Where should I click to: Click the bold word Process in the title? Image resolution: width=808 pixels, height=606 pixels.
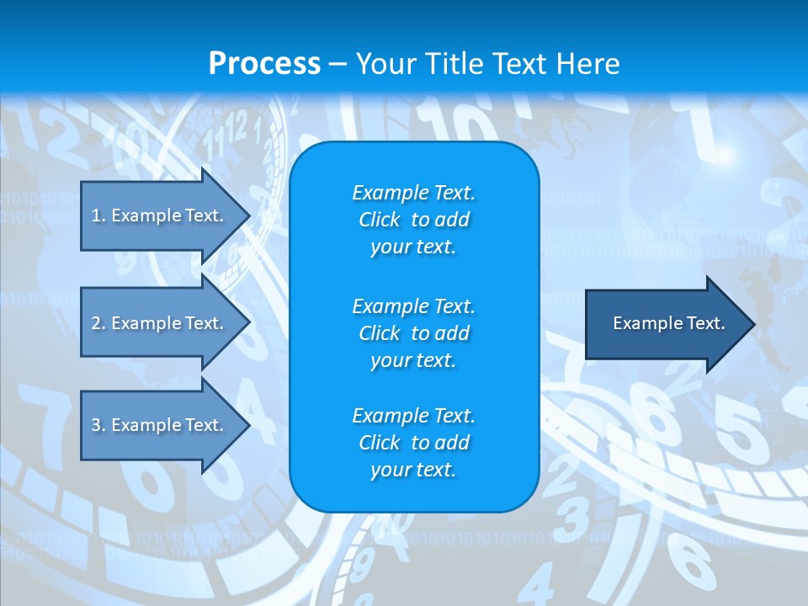tap(264, 64)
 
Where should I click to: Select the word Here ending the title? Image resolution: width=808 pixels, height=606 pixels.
tap(587, 64)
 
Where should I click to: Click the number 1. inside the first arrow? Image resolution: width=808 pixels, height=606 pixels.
tap(98, 215)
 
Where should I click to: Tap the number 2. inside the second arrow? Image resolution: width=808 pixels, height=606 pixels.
tap(98, 323)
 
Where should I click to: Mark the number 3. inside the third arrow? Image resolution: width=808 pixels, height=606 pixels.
tap(98, 425)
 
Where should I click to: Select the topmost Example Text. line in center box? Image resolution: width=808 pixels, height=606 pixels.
tap(413, 193)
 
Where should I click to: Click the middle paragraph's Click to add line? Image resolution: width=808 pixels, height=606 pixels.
tap(413, 333)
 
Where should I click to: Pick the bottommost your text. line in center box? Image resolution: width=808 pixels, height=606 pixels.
tap(413, 470)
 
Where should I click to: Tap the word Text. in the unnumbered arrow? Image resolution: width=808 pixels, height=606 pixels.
tap(705, 323)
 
